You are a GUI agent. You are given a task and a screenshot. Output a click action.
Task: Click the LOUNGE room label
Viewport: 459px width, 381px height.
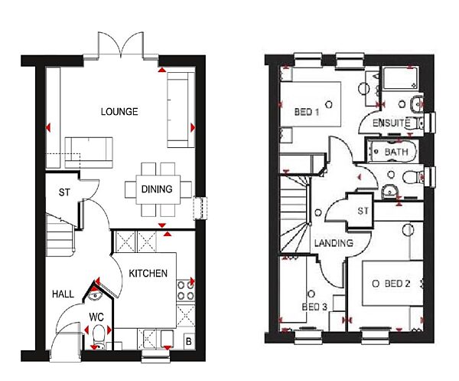119,112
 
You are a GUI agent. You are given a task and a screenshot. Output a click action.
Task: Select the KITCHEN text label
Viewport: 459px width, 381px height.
148,274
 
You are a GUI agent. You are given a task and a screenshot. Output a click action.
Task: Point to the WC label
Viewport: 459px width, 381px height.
96,315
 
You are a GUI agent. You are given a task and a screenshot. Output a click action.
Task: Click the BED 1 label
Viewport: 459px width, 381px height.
307,113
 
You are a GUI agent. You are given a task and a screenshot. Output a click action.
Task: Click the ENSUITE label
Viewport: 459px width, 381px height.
392,123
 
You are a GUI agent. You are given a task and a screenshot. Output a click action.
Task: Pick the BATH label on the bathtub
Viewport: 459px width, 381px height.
396,153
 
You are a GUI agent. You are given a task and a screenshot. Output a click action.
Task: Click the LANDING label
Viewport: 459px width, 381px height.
334,243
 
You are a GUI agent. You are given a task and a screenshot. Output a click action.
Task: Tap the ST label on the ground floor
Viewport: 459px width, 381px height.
64,192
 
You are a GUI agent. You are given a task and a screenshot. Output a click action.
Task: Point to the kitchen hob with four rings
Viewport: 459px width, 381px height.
186,290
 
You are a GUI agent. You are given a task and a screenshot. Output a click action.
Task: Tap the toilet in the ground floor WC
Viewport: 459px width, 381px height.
98,335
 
